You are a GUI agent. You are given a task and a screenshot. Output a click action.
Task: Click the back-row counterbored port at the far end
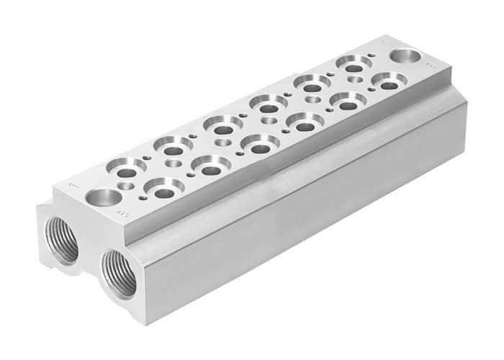pos(354,66)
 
